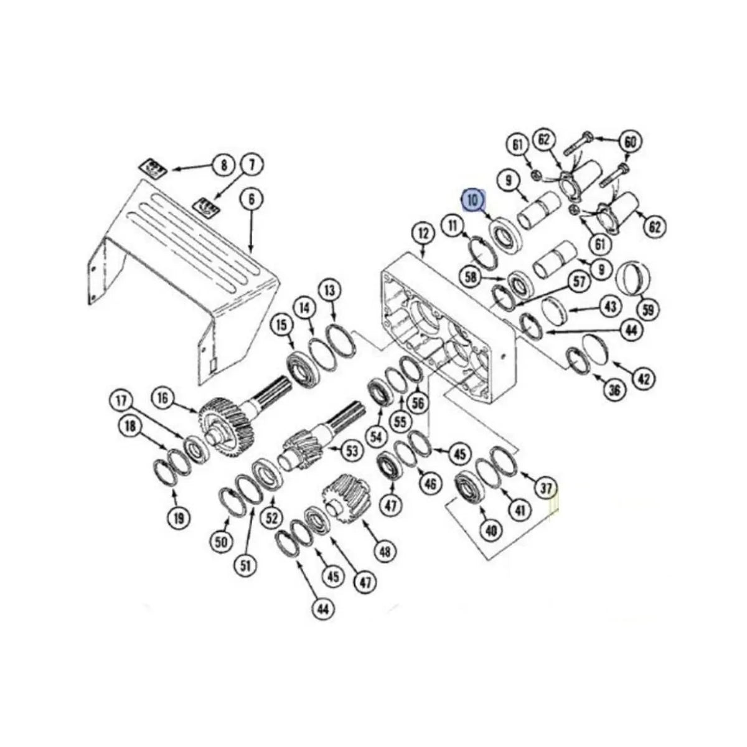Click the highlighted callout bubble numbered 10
pyautogui.click(x=472, y=200)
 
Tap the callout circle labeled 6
pyautogui.click(x=251, y=200)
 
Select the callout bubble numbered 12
pyautogui.click(x=423, y=234)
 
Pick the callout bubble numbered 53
pyautogui.click(x=352, y=451)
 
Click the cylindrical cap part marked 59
pyautogui.click(x=633, y=278)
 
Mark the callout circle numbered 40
pyautogui.click(x=491, y=530)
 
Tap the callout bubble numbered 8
pyautogui.click(x=222, y=165)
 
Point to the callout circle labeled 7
pyautogui.click(x=252, y=165)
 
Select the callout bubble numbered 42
pyautogui.click(x=644, y=378)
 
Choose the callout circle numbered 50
pyautogui.click(x=222, y=542)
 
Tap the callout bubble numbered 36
pyautogui.click(x=614, y=390)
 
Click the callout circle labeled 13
pyautogui.click(x=330, y=290)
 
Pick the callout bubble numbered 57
pyautogui.click(x=580, y=282)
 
